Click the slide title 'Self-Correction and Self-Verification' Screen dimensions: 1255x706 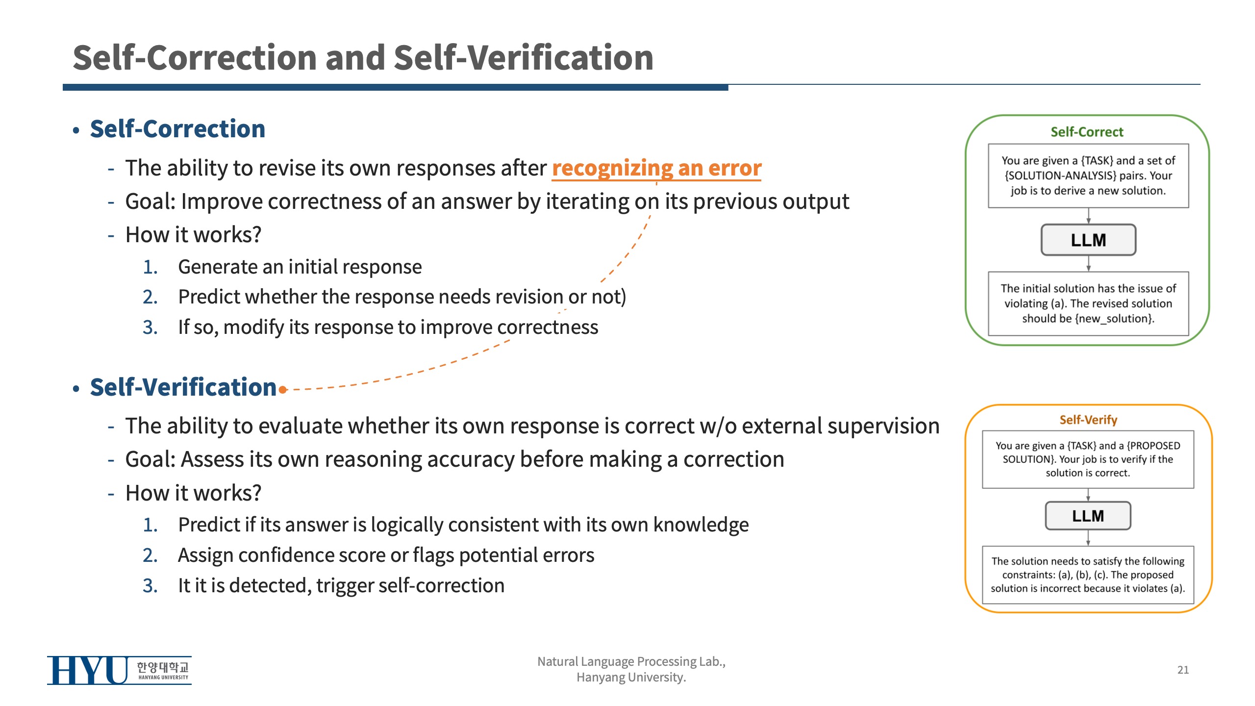point(363,58)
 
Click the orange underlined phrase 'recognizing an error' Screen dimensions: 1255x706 point(656,168)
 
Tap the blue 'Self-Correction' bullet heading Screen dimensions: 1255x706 point(177,129)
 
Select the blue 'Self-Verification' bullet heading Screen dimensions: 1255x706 point(183,387)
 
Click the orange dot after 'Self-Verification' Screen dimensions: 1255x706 point(282,390)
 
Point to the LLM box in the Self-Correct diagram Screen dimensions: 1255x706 point(1088,240)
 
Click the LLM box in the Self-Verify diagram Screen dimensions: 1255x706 point(1088,516)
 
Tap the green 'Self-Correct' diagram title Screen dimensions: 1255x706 point(1087,132)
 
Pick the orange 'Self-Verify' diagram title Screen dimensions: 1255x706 point(1088,420)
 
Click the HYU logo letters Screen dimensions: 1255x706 point(87,670)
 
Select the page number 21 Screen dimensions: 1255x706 point(1183,670)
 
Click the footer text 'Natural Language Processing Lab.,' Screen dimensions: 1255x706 point(631,661)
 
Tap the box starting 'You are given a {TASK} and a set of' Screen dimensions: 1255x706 point(1088,176)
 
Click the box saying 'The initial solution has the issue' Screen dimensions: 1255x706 point(1088,303)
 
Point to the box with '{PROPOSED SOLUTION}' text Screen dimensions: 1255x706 point(1088,459)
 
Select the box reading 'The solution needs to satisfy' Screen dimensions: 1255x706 point(1088,575)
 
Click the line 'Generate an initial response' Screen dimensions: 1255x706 point(300,267)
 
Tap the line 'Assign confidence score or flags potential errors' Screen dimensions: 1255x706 point(386,555)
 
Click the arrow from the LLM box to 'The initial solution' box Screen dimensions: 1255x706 point(1088,263)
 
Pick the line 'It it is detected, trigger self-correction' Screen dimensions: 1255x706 point(341,586)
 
